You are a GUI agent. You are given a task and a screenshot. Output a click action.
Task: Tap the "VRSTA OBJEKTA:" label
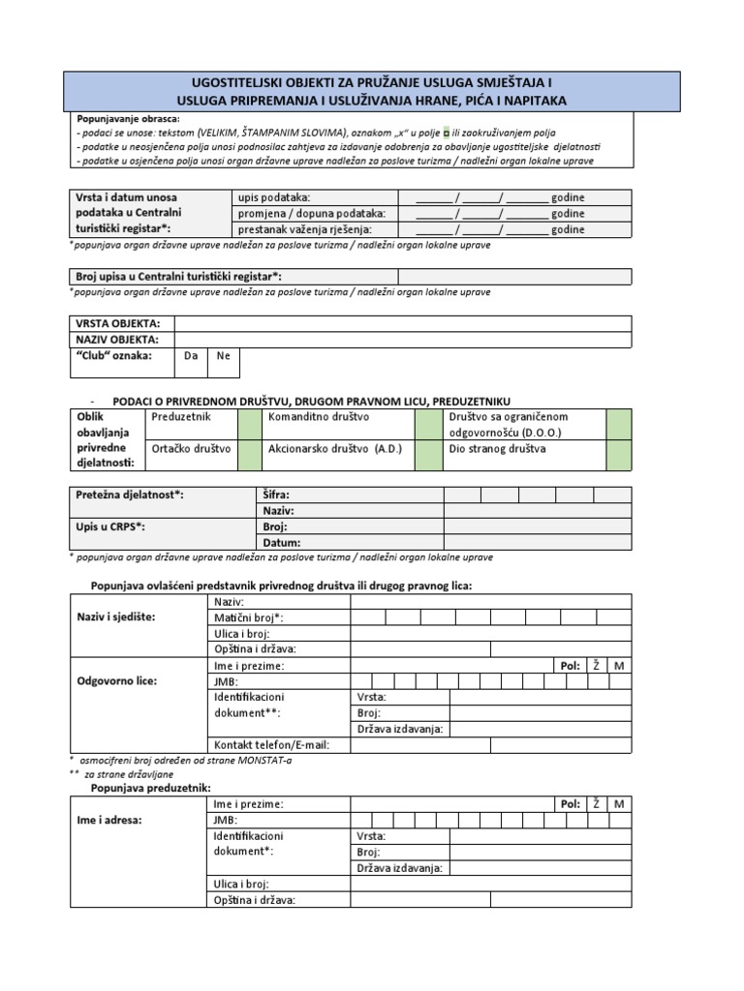pyautogui.click(x=119, y=323)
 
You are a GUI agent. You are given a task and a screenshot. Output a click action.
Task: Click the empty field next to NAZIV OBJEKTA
pyautogui.click(x=402, y=340)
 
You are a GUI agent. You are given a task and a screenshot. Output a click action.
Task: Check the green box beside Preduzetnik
pyautogui.click(x=250, y=424)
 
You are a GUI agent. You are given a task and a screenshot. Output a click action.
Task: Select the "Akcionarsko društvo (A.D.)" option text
pyautogui.click(x=334, y=449)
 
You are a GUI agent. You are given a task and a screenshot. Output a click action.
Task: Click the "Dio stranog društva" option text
pyautogui.click(x=497, y=449)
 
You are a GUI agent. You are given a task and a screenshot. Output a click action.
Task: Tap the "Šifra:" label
pyautogui.click(x=276, y=495)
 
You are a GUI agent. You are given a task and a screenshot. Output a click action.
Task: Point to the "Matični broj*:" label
pyautogui.click(x=248, y=616)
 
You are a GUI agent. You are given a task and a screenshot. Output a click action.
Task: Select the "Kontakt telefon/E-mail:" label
pyautogui.click(x=271, y=744)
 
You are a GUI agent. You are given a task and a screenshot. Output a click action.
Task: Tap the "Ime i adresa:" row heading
pyautogui.click(x=108, y=819)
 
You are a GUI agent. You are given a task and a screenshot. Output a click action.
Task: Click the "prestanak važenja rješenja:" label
pyautogui.click(x=304, y=229)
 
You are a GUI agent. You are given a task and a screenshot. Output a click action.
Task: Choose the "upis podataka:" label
pyautogui.click(x=274, y=197)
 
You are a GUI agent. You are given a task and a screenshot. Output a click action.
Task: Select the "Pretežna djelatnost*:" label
pyautogui.click(x=130, y=495)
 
